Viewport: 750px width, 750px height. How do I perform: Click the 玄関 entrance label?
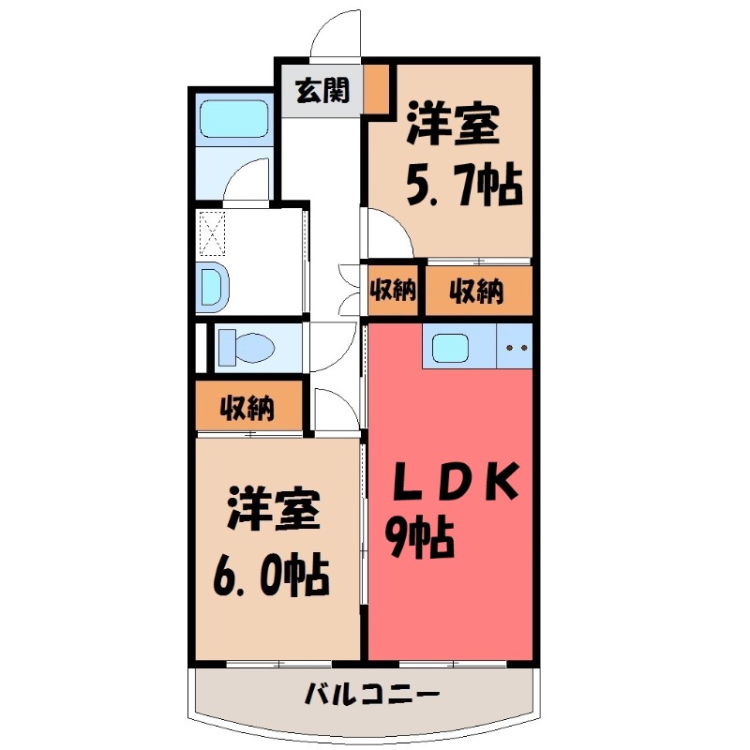pos(322,91)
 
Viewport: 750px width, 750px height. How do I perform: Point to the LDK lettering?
pos(454,481)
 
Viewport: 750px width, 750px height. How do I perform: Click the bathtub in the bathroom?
pos(234,119)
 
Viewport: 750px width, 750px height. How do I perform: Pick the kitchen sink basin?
pos(456,348)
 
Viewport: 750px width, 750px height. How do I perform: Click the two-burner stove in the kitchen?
pos(514,348)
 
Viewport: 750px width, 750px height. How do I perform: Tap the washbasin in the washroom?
pos(212,285)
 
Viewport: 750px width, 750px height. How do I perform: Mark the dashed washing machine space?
pos(213,233)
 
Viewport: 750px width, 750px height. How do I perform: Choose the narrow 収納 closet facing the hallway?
pos(392,291)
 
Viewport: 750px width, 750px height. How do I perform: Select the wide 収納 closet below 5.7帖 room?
pos(477,291)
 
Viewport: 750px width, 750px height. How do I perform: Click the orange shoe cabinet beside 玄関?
pos(377,88)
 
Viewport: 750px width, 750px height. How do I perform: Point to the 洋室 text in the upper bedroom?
pos(451,128)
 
